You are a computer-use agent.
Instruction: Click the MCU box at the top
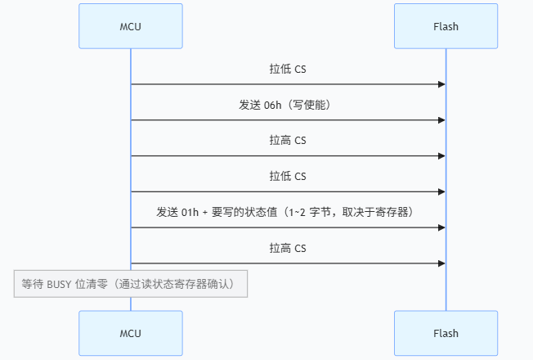point(130,26)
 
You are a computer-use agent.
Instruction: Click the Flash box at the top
point(446,26)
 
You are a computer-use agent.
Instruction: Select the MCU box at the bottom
point(130,333)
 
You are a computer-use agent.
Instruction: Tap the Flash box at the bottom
point(446,333)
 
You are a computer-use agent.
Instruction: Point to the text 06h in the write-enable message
point(275,105)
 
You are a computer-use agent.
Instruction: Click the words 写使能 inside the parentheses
point(314,105)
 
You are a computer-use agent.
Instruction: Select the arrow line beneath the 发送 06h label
point(286,120)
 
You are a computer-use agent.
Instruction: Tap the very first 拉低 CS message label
point(288,69)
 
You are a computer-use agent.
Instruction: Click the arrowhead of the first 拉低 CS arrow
point(441,84)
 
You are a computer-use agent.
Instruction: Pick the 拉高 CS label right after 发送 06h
point(288,140)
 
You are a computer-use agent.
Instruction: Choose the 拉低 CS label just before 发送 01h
point(288,176)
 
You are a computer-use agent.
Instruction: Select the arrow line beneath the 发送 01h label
point(286,227)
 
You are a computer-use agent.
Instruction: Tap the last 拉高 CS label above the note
point(288,247)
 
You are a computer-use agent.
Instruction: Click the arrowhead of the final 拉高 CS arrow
point(441,263)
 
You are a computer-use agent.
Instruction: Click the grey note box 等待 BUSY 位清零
point(130,284)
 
